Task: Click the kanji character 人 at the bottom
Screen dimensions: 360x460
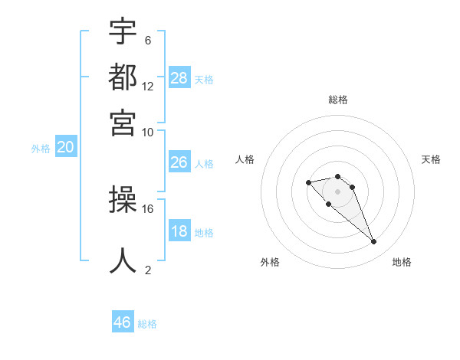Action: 123,260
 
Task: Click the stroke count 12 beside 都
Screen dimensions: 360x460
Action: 148,86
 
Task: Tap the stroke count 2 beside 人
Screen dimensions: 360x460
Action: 147,270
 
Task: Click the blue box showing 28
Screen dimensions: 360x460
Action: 179,78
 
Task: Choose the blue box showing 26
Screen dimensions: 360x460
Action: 179,162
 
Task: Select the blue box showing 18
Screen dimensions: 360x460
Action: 179,231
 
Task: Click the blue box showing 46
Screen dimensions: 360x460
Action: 123,322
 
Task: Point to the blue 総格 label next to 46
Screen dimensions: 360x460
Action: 147,324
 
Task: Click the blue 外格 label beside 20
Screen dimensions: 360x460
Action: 41,149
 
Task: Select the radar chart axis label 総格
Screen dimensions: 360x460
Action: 337,100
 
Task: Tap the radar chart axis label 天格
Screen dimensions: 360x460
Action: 431,159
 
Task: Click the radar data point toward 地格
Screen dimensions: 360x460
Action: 374,242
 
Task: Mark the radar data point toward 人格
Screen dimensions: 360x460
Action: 308,182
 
